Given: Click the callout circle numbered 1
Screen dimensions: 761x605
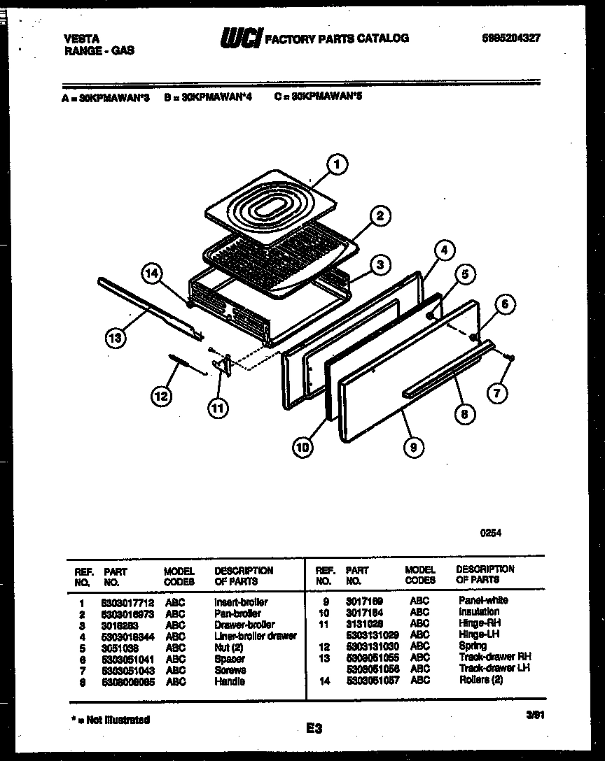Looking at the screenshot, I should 337,165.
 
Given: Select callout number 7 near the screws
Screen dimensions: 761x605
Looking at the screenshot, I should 496,393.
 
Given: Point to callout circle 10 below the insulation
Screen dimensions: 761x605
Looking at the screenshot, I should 303,448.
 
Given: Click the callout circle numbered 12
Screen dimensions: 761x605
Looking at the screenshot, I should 161,396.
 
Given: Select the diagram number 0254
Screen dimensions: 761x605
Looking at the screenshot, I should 490,532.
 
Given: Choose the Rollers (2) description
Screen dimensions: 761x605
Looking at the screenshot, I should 480,679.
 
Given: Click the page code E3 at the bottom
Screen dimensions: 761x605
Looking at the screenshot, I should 313,729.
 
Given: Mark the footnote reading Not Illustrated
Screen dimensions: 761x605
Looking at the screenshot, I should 113,719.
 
